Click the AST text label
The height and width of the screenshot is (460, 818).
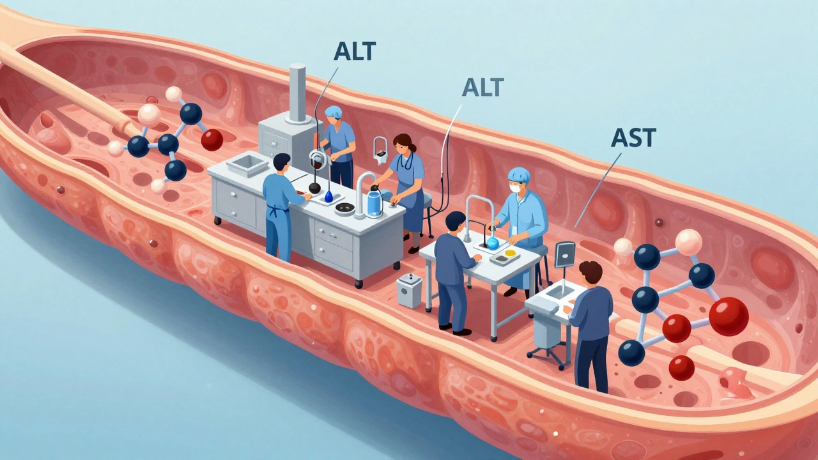point(633,137)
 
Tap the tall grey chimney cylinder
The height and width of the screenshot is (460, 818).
point(297,93)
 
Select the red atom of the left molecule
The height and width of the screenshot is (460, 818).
point(212,140)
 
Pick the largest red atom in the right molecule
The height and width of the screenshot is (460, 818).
point(729,316)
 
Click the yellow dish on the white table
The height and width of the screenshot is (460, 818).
point(510,252)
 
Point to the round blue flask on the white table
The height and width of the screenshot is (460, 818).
point(493,243)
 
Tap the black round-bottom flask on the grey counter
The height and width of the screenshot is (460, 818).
point(315,188)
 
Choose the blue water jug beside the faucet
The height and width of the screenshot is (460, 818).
point(375,204)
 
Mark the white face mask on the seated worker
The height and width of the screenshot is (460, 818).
point(515,188)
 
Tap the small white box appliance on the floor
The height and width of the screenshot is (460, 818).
point(410,291)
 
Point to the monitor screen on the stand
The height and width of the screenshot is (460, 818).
point(564,254)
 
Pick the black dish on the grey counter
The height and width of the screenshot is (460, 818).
point(344,208)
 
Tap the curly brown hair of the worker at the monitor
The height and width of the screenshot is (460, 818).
point(590,271)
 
